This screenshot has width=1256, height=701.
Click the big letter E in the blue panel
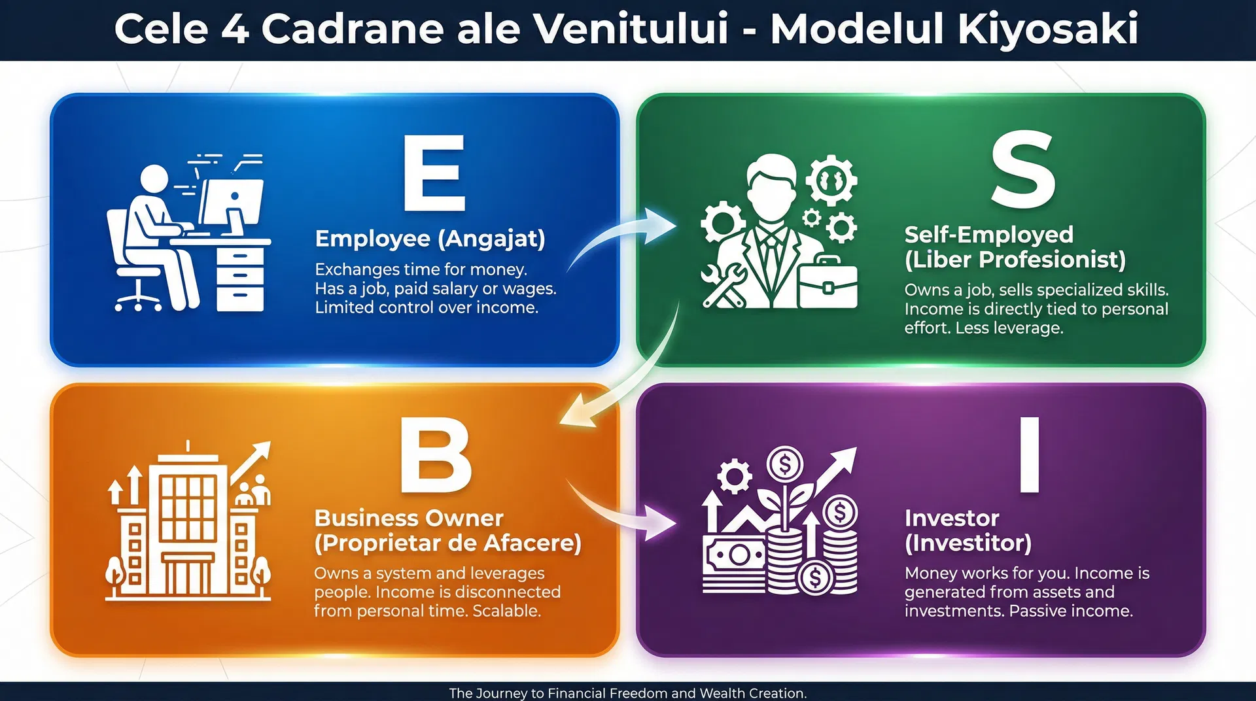434,173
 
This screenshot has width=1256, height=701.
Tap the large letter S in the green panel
1022,169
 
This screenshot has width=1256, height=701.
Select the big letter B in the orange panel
435,456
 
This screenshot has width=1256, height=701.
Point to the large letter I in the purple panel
1030,455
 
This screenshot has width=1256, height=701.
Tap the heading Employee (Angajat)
430,239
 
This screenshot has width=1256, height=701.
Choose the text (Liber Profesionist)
1015,260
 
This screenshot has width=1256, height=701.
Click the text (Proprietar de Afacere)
447,543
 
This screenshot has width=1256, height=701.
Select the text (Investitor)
968,543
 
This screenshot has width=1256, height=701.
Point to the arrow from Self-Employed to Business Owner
628,379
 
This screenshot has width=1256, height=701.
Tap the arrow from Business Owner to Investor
621,517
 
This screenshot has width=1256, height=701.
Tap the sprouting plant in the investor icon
785,497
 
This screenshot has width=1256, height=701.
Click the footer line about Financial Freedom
627,692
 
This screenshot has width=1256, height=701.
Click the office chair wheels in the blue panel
138,303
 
